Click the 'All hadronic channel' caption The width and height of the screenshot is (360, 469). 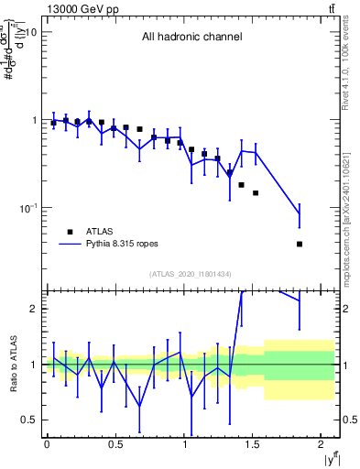click(x=191, y=38)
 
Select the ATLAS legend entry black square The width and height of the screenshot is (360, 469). click(x=70, y=233)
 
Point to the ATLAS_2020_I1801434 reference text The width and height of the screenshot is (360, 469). click(x=191, y=275)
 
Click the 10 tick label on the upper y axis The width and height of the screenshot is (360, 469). click(x=28, y=32)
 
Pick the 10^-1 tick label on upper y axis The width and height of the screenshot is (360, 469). click(x=26, y=207)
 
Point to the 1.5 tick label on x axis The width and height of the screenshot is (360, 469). click(x=256, y=444)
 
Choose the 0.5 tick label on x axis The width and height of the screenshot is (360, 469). click(x=115, y=444)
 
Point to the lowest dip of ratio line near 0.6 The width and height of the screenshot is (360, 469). click(x=139, y=406)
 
